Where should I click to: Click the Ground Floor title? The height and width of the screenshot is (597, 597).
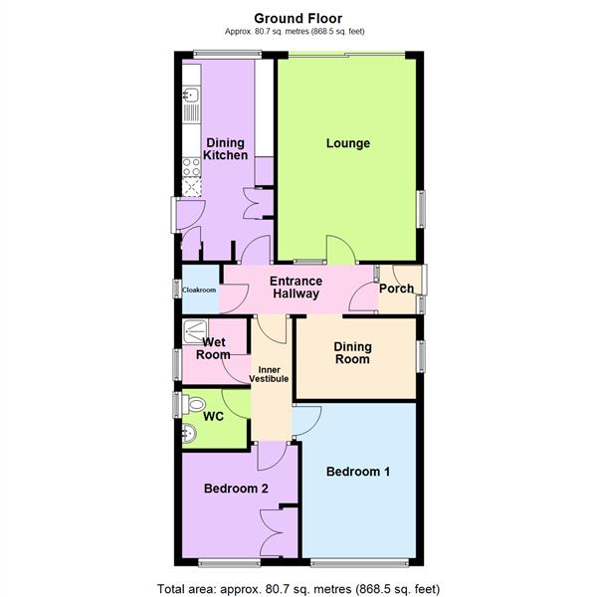(298, 17)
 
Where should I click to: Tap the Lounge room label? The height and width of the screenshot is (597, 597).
(348, 143)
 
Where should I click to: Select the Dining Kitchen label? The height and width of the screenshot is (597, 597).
(225, 148)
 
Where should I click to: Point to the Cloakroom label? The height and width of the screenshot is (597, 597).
(199, 290)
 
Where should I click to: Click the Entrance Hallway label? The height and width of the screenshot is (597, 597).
(296, 288)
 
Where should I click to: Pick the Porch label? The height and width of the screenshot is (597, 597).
(396, 289)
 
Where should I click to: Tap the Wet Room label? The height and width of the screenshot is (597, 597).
(213, 347)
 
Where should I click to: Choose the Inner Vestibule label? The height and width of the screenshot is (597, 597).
(274, 374)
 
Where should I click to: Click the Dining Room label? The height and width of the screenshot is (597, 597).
(352, 353)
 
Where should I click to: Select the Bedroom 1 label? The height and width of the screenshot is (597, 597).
(357, 472)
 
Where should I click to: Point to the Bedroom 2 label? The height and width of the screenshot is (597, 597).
(237, 489)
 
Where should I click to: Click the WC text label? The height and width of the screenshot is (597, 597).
(214, 416)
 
